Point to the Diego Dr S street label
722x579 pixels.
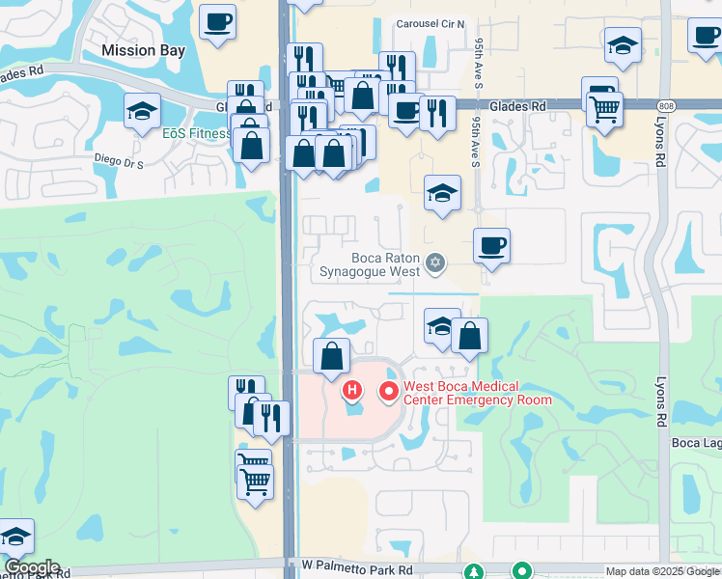(x=119, y=163)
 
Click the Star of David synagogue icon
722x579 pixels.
(x=435, y=262)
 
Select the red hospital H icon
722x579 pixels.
(x=353, y=391)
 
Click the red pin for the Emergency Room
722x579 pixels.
(x=389, y=391)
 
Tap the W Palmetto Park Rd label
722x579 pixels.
(x=357, y=571)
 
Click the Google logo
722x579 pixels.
(x=32, y=567)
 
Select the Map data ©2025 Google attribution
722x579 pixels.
(x=662, y=571)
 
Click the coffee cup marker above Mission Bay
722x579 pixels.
(x=218, y=21)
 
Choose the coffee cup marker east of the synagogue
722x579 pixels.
(x=492, y=245)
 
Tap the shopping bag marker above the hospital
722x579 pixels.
(x=331, y=354)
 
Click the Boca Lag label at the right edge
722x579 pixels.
(x=696, y=442)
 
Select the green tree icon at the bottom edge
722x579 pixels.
(x=473, y=572)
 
